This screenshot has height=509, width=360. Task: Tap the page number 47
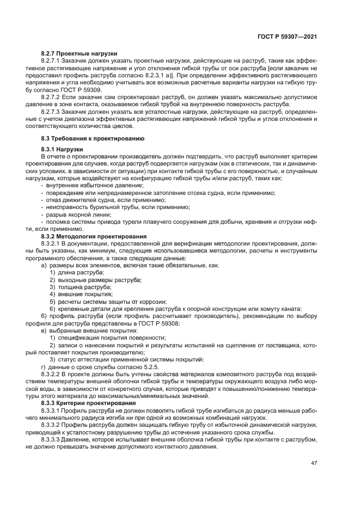point(314,463)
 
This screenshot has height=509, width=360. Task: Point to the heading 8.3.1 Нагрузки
point(62,149)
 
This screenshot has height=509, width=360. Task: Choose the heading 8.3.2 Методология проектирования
point(94,236)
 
